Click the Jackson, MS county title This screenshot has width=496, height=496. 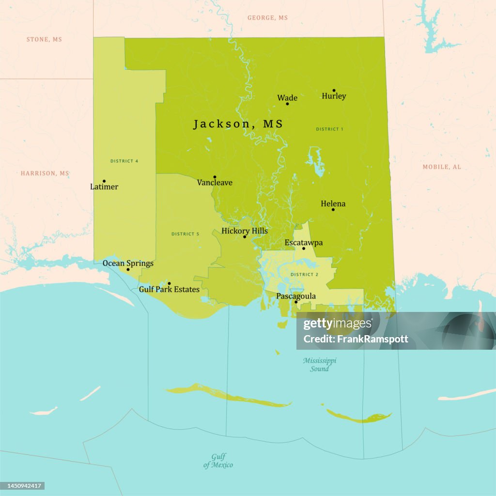238,124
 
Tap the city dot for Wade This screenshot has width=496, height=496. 287,104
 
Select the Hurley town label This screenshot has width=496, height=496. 334,96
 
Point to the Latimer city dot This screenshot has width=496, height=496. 104,181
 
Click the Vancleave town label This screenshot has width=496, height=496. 215,183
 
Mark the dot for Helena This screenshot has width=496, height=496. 333,209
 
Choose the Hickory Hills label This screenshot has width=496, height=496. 245,231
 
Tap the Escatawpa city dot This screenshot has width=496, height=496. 304,248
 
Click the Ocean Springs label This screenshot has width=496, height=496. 128,263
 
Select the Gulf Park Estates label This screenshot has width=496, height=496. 169,289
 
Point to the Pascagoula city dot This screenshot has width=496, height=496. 296,302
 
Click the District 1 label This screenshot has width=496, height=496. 329,129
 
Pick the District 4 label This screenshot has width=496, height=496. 124,161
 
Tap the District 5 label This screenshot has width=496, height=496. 185,234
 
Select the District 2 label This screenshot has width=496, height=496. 304,275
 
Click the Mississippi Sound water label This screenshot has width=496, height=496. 320,364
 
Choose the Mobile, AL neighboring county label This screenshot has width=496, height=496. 442,167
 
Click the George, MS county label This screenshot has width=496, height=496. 267,18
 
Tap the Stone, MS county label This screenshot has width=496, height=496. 44,39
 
